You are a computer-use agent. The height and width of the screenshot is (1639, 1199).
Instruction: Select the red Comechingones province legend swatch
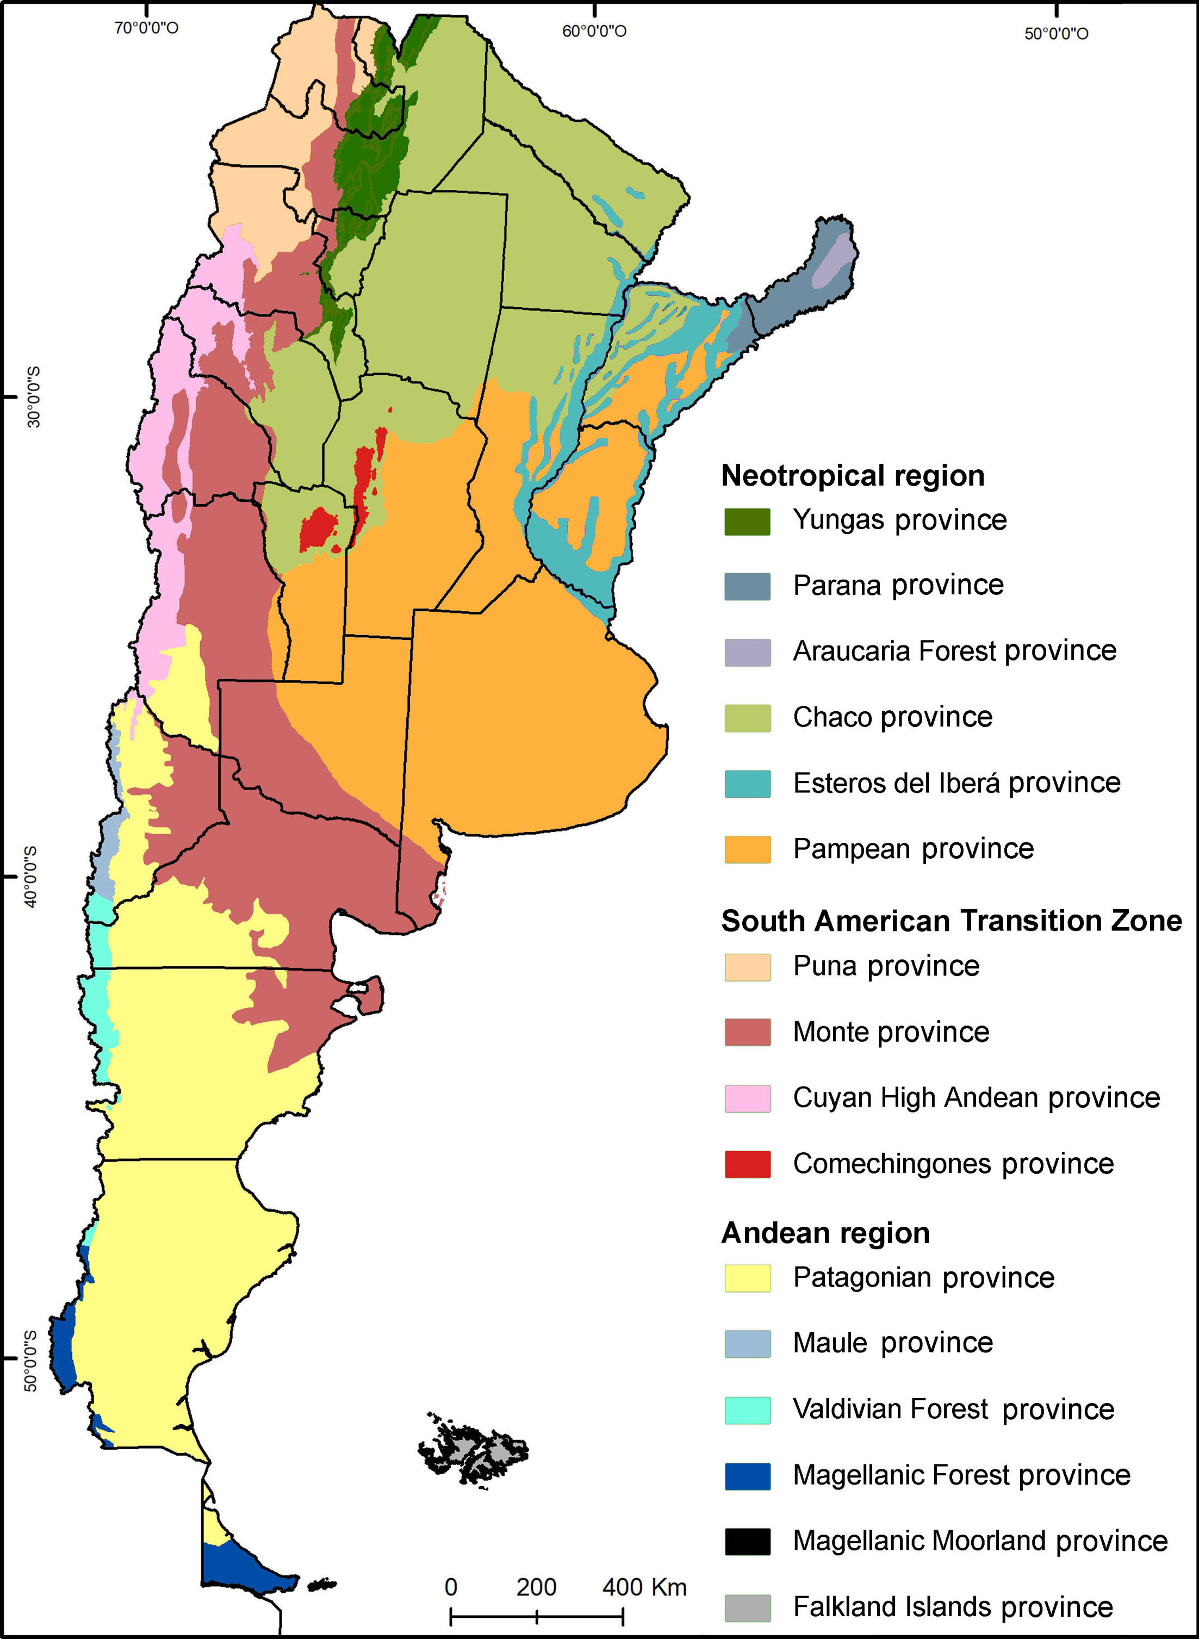pyautogui.click(x=747, y=1164)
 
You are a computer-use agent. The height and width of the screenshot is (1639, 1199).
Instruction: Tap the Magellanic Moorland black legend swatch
pyautogui.click(x=747, y=1542)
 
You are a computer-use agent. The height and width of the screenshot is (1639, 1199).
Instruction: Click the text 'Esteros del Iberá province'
pyautogui.click(x=956, y=783)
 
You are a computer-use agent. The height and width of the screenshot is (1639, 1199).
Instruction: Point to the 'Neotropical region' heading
pyautogui.click(x=852, y=476)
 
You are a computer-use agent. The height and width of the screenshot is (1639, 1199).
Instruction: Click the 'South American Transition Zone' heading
pyautogui.click(x=951, y=921)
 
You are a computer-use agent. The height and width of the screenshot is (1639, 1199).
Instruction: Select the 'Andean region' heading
pyautogui.click(x=825, y=1233)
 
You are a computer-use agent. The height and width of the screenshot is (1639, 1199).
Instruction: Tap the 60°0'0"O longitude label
pyautogui.click(x=594, y=30)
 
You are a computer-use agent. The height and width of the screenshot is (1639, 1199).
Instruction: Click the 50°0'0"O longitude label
pyautogui.click(x=1055, y=33)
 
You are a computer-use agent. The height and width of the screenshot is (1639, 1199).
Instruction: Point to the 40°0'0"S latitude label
pyautogui.click(x=33, y=876)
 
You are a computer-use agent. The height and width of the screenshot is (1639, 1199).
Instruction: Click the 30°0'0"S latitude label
pyautogui.click(x=33, y=396)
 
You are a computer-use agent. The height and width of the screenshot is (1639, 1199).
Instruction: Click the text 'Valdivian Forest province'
pyautogui.click(x=953, y=1409)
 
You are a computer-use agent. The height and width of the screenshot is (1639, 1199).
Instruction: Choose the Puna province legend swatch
pyautogui.click(x=747, y=967)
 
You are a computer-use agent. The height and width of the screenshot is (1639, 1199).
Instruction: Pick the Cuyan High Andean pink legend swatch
pyautogui.click(x=747, y=1098)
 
